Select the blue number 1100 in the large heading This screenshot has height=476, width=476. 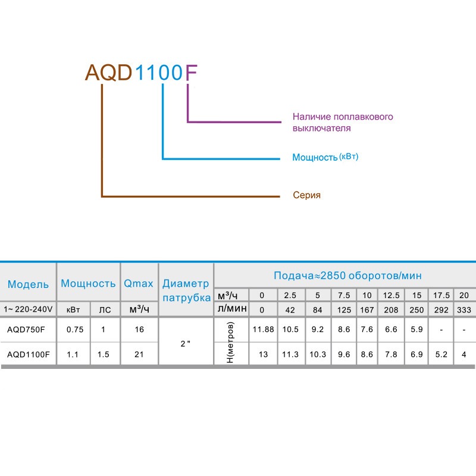pyautogui.click(x=158, y=72)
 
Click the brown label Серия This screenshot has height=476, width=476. pyautogui.click(x=306, y=195)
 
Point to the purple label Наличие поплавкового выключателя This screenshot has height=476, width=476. pyautogui.click(x=343, y=122)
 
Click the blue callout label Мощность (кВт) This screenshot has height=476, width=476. pyautogui.click(x=325, y=158)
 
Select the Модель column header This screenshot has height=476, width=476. pyautogui.click(x=28, y=284)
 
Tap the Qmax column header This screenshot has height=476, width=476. pyautogui.click(x=139, y=284)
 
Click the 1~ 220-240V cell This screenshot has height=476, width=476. pyautogui.click(x=28, y=309)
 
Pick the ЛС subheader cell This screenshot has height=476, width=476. pyautogui.click(x=105, y=309)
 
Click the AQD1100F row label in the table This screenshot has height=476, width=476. pyautogui.click(x=28, y=355)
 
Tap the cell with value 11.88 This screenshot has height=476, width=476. pyautogui.click(x=262, y=330)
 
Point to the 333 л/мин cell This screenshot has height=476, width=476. pyautogui.click(x=464, y=309)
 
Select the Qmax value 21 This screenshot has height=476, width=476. pyautogui.click(x=139, y=355)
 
